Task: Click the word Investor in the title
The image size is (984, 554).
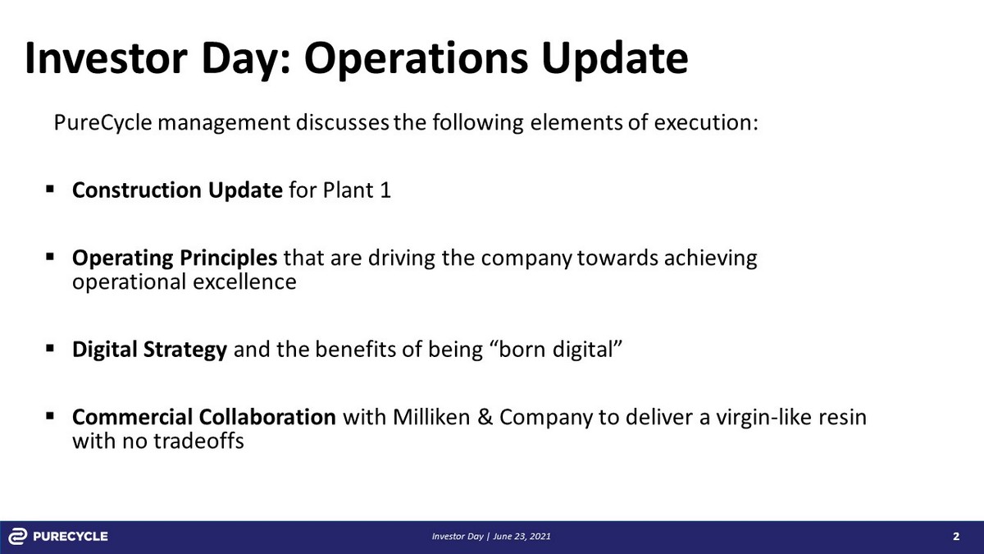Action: (107, 58)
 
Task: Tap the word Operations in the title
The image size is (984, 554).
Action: (416, 60)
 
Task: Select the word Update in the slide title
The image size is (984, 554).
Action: (614, 60)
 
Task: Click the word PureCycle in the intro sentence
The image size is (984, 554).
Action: (102, 122)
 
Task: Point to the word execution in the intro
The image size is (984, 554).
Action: (706, 122)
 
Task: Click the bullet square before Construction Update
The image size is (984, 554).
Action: (50, 190)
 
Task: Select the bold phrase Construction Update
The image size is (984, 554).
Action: (177, 190)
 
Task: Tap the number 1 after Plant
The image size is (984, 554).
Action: (385, 190)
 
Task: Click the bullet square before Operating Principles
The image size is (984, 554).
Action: (50, 257)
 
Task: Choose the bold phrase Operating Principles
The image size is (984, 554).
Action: (175, 259)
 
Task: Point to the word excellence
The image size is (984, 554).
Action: (244, 282)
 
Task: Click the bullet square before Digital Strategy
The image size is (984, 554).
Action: (50, 349)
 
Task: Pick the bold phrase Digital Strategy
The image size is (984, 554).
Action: (149, 350)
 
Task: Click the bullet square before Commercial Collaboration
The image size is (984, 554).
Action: (50, 416)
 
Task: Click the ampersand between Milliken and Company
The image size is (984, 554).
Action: (485, 417)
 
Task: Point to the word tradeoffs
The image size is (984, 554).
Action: (198, 441)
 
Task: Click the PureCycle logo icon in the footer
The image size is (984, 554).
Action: (18, 537)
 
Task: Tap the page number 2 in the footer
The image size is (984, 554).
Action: (956, 537)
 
